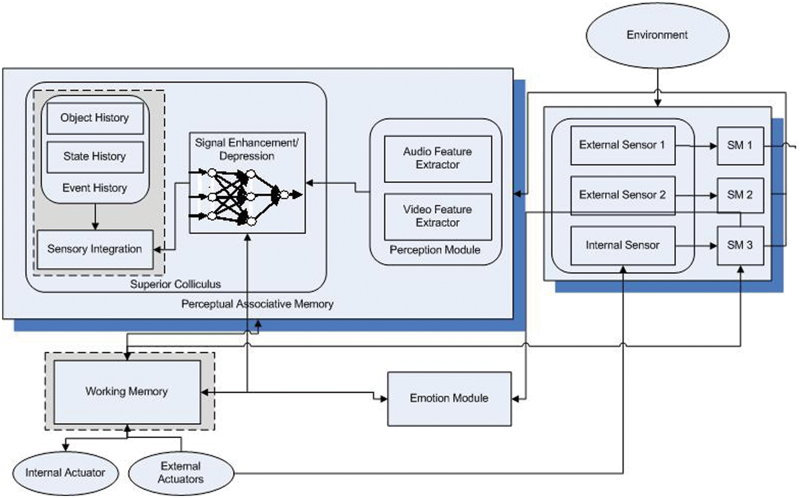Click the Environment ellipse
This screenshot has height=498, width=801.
coord(657,36)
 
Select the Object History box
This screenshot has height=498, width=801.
coord(95,118)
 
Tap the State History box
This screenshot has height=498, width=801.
coord(95,157)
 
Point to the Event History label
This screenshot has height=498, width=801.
coord(95,188)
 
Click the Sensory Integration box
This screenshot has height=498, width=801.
coord(95,249)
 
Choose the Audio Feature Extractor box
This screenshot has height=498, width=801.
coord(438,158)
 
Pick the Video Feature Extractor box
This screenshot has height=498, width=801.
coord(438,216)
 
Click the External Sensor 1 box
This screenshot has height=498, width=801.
coord(622,145)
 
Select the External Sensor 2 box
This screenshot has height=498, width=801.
coord(622,195)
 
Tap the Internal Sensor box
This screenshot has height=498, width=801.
coord(622,245)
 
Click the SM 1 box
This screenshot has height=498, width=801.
coord(740,145)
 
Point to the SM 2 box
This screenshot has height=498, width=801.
coord(740,195)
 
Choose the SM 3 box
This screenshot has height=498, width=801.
coord(740,245)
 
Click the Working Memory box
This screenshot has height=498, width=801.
coord(127,391)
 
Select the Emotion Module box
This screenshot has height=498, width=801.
coord(449,398)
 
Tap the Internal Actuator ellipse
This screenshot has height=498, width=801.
coord(65,473)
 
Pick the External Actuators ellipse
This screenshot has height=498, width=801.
coord(181,473)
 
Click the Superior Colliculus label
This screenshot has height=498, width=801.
coord(175,284)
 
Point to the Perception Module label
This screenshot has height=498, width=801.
coord(435,250)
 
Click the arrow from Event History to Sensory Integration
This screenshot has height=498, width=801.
coord(95,217)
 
